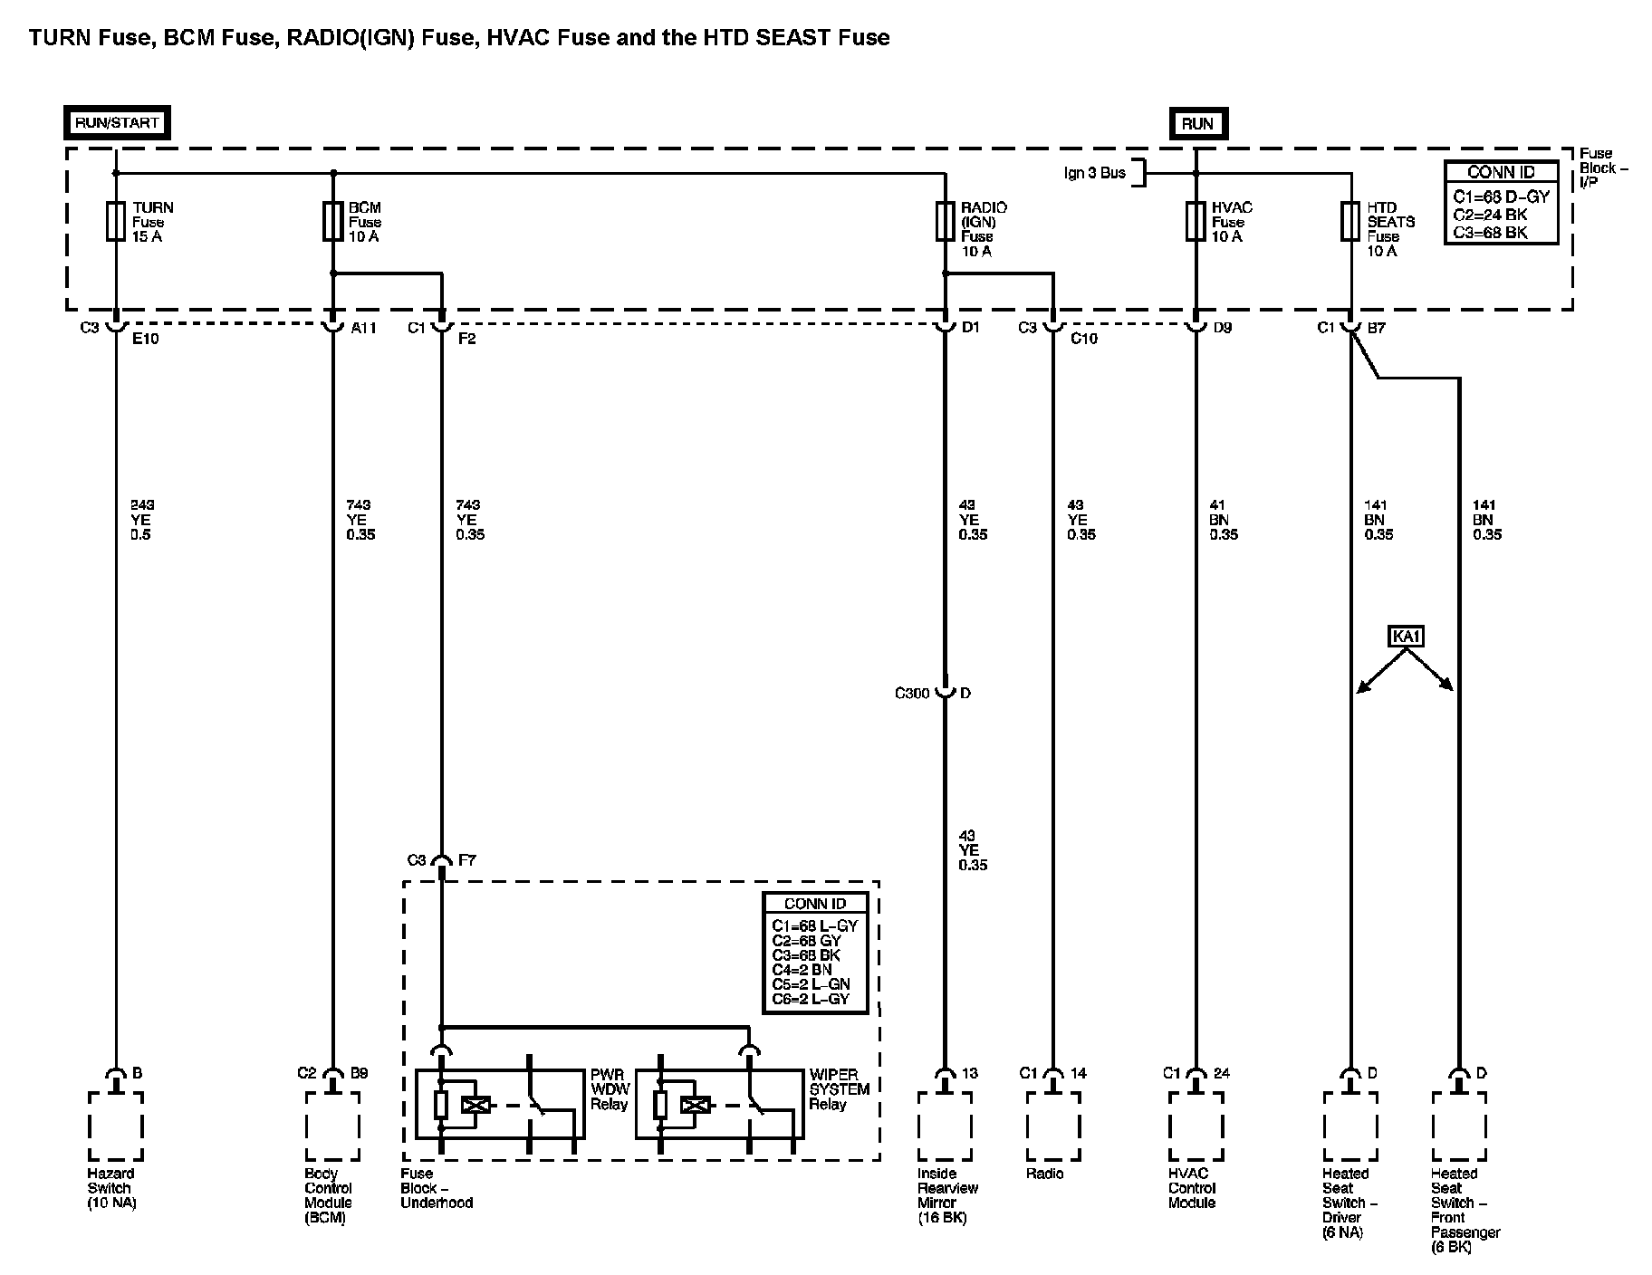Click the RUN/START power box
(x=117, y=122)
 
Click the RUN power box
(x=1196, y=124)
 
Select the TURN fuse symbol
(x=116, y=222)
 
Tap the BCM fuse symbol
(x=332, y=222)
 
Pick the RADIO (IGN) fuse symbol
(x=945, y=222)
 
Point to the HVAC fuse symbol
(x=1196, y=222)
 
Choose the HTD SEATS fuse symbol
(x=1350, y=222)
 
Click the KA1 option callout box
(x=1406, y=637)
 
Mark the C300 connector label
(x=912, y=694)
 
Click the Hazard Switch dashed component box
(x=116, y=1126)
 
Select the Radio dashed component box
(x=1053, y=1126)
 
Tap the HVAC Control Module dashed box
(x=1196, y=1126)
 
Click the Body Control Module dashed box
(x=332, y=1126)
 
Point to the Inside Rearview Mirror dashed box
(x=945, y=1126)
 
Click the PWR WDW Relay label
(x=609, y=1089)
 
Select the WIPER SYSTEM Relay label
(x=839, y=1089)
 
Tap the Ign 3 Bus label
(x=1094, y=172)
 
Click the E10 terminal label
(x=145, y=340)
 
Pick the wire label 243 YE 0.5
(x=140, y=520)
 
